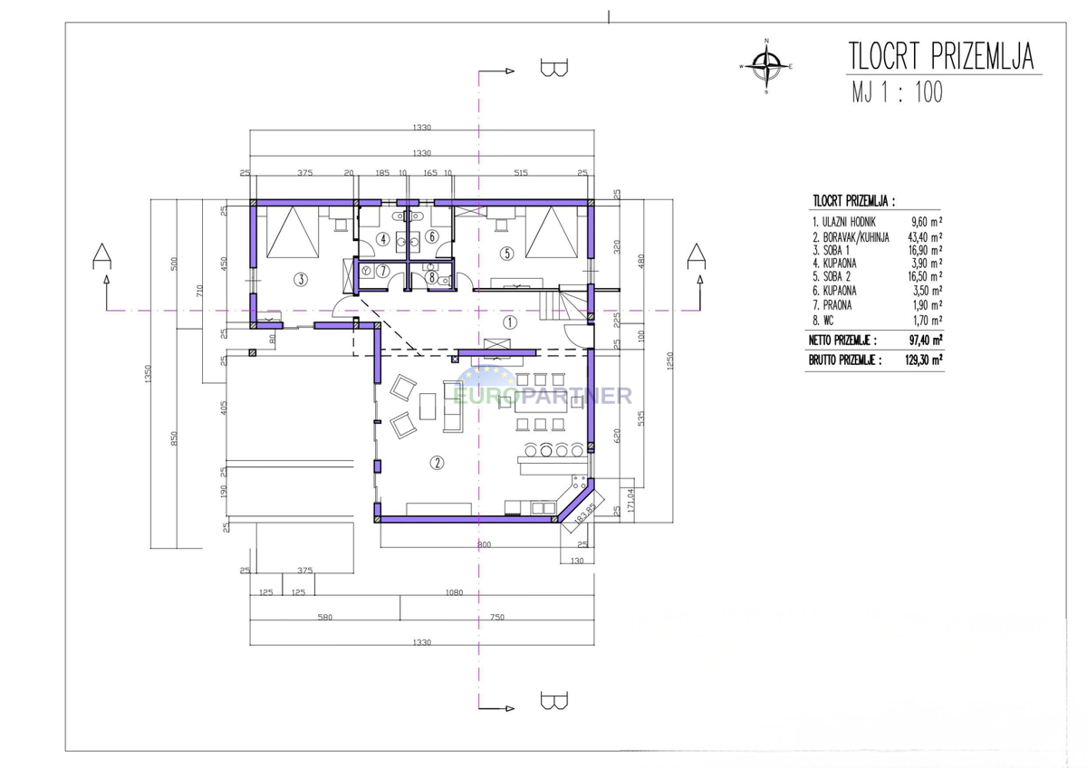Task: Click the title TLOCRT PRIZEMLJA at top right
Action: point(941,56)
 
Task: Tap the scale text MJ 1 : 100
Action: point(898,91)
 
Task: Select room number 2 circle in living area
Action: point(437,463)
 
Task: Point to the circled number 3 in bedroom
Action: point(301,280)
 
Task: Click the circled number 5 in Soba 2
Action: point(507,254)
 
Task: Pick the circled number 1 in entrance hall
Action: point(509,322)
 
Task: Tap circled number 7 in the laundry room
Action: point(383,271)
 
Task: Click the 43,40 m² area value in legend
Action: point(925,236)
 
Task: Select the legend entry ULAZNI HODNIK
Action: point(844,222)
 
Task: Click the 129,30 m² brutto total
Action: point(924,360)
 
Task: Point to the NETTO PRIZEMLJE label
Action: point(842,341)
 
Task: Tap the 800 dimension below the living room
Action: point(484,544)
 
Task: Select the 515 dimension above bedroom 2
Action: point(520,172)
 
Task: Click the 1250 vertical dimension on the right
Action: point(669,360)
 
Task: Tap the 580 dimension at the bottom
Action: point(324,617)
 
